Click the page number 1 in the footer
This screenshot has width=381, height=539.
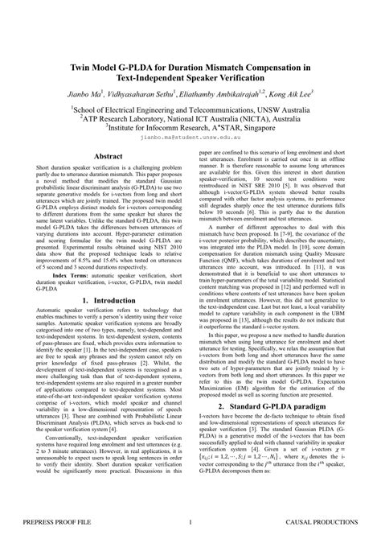tap(190, 525)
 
